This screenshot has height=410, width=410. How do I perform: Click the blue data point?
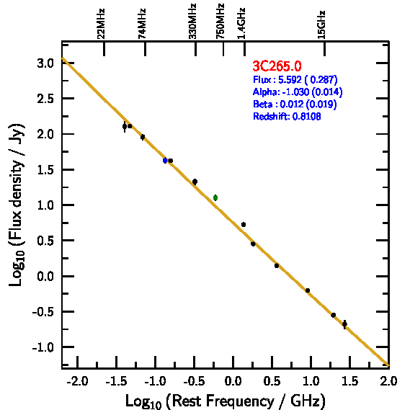165,161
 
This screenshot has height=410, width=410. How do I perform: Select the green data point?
215,197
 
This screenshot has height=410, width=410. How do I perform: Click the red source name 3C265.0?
277,66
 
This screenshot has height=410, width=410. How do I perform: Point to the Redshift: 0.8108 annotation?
287,116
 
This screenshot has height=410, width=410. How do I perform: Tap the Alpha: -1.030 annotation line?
298,92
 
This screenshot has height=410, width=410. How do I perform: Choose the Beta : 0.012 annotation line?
295,104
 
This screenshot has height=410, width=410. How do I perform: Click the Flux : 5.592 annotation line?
295,79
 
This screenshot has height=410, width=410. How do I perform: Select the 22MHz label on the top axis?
101,24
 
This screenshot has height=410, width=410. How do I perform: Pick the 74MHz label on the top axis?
142,24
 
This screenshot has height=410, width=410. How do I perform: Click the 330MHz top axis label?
192,22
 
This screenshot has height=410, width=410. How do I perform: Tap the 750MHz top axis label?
220,22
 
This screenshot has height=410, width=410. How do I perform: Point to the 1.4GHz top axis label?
241,24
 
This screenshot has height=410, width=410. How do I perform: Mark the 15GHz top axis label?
321,24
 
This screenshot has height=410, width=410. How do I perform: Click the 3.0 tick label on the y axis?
45,63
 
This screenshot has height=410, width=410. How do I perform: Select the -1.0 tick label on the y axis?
43,347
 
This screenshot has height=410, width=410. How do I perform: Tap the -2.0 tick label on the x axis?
77,381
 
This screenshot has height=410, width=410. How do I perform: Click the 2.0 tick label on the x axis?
388,381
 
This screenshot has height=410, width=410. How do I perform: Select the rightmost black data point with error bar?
344,324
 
